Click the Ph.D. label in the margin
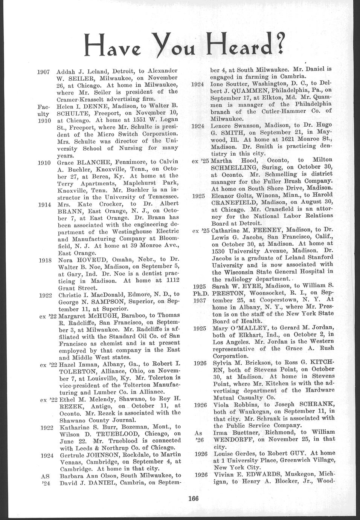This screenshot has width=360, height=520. [198, 293]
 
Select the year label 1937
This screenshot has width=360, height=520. [198, 300]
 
